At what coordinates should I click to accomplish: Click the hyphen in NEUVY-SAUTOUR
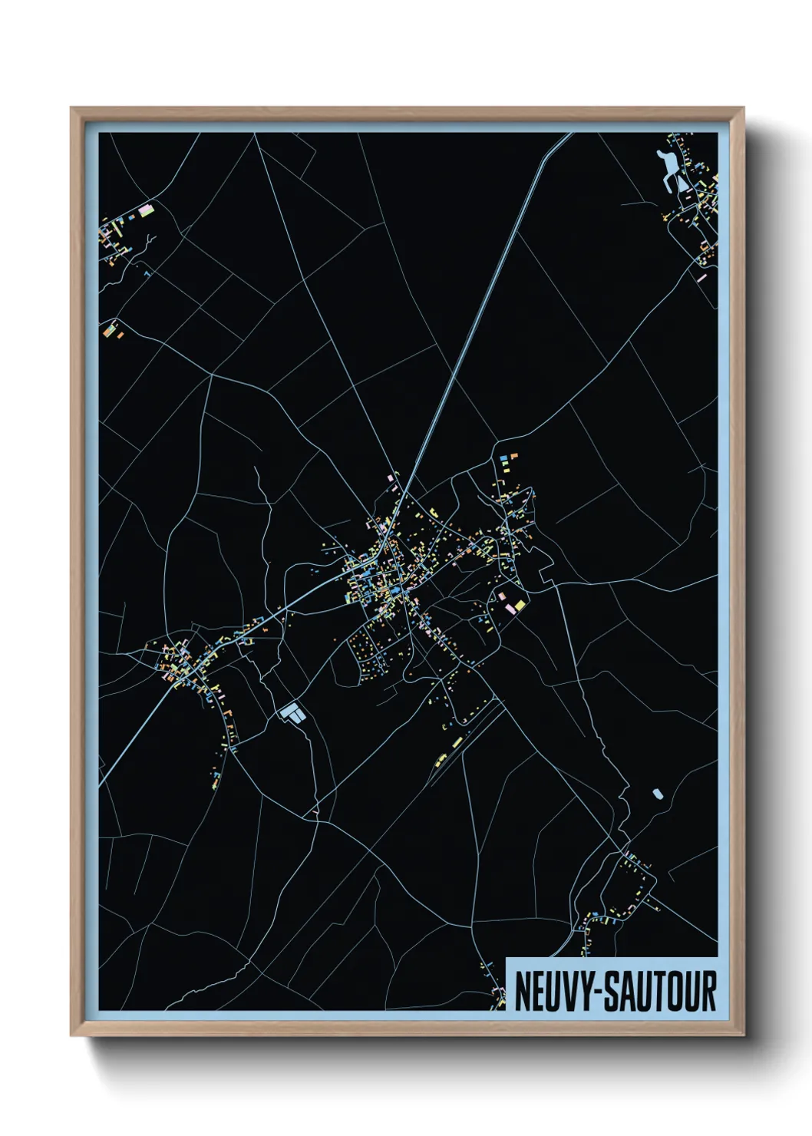coord(599,992)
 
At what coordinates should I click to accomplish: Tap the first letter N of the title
coord(524,992)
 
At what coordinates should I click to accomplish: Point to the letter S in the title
coord(612,992)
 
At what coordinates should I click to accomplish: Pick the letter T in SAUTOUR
coord(657,992)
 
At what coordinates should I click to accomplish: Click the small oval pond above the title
coord(657,794)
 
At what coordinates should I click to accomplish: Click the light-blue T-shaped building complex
coord(292,713)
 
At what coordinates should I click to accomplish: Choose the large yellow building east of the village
coord(520,606)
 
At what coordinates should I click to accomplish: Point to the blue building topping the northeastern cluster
coord(504,457)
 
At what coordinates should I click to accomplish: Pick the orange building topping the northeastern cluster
coord(513,456)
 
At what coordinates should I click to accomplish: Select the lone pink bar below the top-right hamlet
coord(701,277)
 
